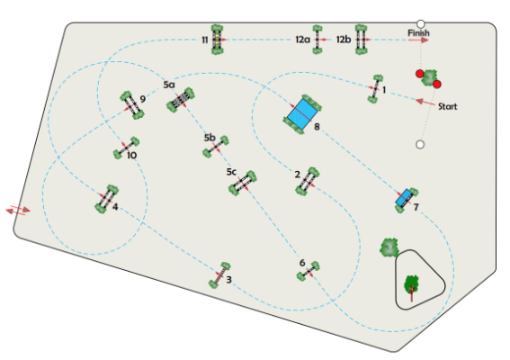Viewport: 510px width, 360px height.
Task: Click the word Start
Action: coord(447,106)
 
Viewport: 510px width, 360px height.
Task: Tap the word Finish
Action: coord(418,33)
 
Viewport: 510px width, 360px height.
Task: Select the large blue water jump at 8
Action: coord(302,114)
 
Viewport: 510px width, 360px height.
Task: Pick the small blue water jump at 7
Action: coord(407,199)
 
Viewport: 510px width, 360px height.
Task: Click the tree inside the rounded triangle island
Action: coord(411,287)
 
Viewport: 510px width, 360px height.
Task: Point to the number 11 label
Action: coord(204,40)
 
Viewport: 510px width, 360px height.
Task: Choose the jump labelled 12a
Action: coord(318,40)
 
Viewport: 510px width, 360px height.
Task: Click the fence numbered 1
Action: coord(375,88)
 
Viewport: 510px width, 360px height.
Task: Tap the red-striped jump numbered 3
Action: coord(219,275)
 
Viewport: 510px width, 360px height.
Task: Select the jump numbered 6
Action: coord(309,271)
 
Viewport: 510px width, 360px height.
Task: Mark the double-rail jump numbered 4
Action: coord(106,199)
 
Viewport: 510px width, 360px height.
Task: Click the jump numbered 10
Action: coord(126,148)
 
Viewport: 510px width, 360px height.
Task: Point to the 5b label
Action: coord(210,138)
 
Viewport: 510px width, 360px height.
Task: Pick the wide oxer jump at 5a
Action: coord(181,100)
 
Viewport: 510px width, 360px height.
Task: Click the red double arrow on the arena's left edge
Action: coord(18,211)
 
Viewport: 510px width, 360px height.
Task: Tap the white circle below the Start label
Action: coord(420,145)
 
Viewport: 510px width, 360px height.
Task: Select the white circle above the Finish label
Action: coord(421,24)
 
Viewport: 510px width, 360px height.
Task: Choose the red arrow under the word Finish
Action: coord(418,40)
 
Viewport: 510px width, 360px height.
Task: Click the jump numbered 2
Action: coord(308,181)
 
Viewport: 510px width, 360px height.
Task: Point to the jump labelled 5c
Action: coord(243,183)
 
